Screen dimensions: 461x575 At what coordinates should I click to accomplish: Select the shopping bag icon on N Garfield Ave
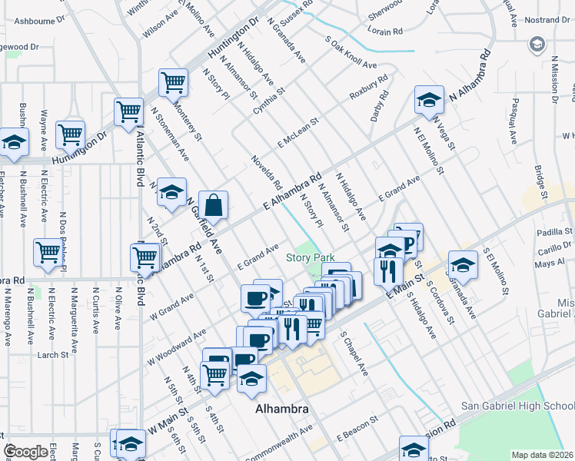pyautogui.click(x=214, y=206)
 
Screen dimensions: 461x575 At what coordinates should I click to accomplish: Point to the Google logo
pyautogui.click(x=26, y=452)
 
